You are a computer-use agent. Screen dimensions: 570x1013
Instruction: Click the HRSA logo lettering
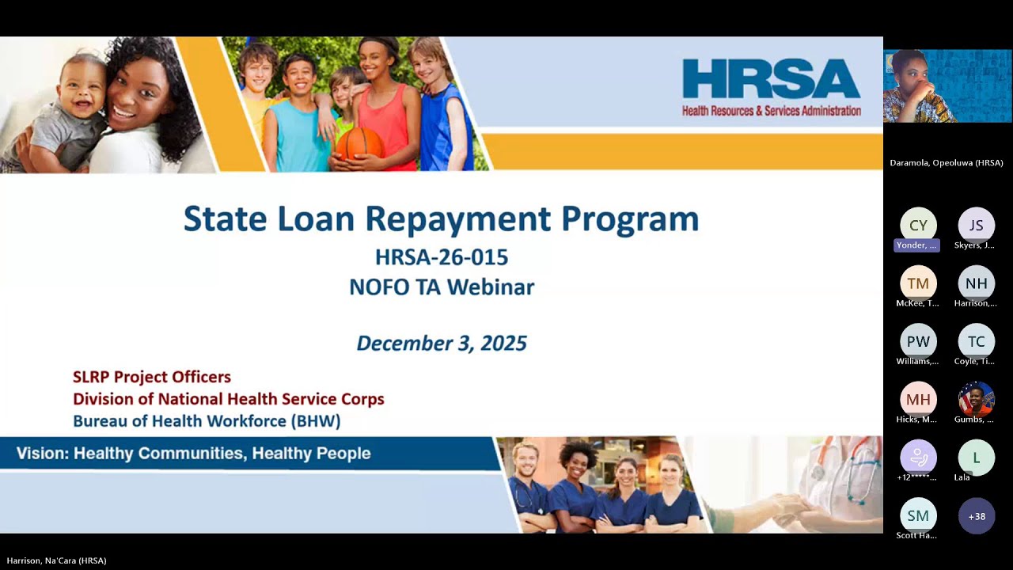pyautogui.click(x=771, y=79)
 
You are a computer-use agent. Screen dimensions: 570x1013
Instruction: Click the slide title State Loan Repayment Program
pyautogui.click(x=441, y=219)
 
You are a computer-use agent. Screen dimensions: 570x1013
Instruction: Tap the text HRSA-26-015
pyautogui.click(x=441, y=257)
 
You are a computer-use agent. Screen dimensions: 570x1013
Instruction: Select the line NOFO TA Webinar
pyautogui.click(x=441, y=287)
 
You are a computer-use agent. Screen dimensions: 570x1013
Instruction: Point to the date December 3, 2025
pyautogui.click(x=441, y=343)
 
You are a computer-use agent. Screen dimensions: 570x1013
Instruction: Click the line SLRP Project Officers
pyautogui.click(x=152, y=377)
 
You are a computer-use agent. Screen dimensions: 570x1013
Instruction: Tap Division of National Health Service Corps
pyautogui.click(x=228, y=399)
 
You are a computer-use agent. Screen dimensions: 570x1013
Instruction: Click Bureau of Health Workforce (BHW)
pyautogui.click(x=207, y=421)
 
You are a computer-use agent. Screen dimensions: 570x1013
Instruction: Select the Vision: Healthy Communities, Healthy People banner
pyautogui.click(x=193, y=454)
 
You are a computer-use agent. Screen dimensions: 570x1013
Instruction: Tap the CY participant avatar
pyautogui.click(x=918, y=226)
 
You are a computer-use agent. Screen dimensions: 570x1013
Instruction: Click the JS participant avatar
pyautogui.click(x=976, y=226)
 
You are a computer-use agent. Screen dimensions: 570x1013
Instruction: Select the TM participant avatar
pyautogui.click(x=918, y=283)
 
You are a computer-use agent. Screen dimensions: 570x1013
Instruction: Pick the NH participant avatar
pyautogui.click(x=976, y=283)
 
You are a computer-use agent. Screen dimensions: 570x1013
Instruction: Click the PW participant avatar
pyautogui.click(x=918, y=341)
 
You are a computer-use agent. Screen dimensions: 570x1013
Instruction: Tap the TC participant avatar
pyautogui.click(x=976, y=341)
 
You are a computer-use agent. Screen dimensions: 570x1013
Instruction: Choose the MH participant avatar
pyautogui.click(x=918, y=399)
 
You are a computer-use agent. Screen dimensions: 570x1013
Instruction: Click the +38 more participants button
pyautogui.click(x=976, y=516)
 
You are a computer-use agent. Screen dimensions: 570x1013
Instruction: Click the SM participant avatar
pyautogui.click(x=918, y=516)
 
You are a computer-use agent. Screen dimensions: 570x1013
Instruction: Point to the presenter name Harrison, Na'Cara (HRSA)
pyautogui.click(x=57, y=560)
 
